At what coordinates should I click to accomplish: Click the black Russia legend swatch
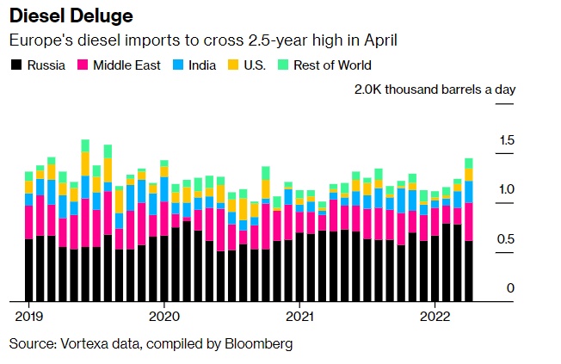click(x=15, y=65)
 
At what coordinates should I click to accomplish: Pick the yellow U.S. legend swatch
click(x=233, y=65)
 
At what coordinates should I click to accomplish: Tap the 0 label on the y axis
click(x=510, y=288)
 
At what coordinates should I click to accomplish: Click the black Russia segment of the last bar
click(x=469, y=271)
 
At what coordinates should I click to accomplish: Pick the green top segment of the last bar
click(x=469, y=163)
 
